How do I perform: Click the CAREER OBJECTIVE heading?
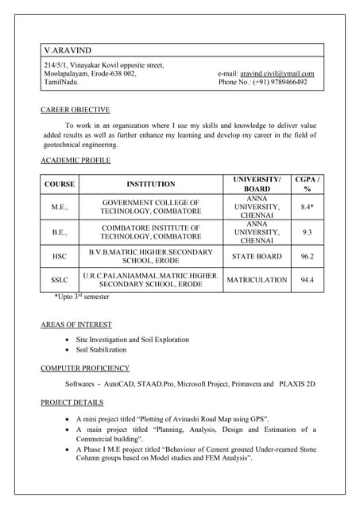[75, 110]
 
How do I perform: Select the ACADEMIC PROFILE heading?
[75, 161]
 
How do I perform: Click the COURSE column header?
[60, 185]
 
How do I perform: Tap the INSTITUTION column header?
[151, 185]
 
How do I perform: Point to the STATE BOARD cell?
[257, 257]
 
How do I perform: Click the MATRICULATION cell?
[257, 280]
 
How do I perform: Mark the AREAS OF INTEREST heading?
[75, 324]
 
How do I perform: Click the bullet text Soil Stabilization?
[101, 349]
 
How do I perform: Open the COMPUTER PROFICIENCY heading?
[84, 368]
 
